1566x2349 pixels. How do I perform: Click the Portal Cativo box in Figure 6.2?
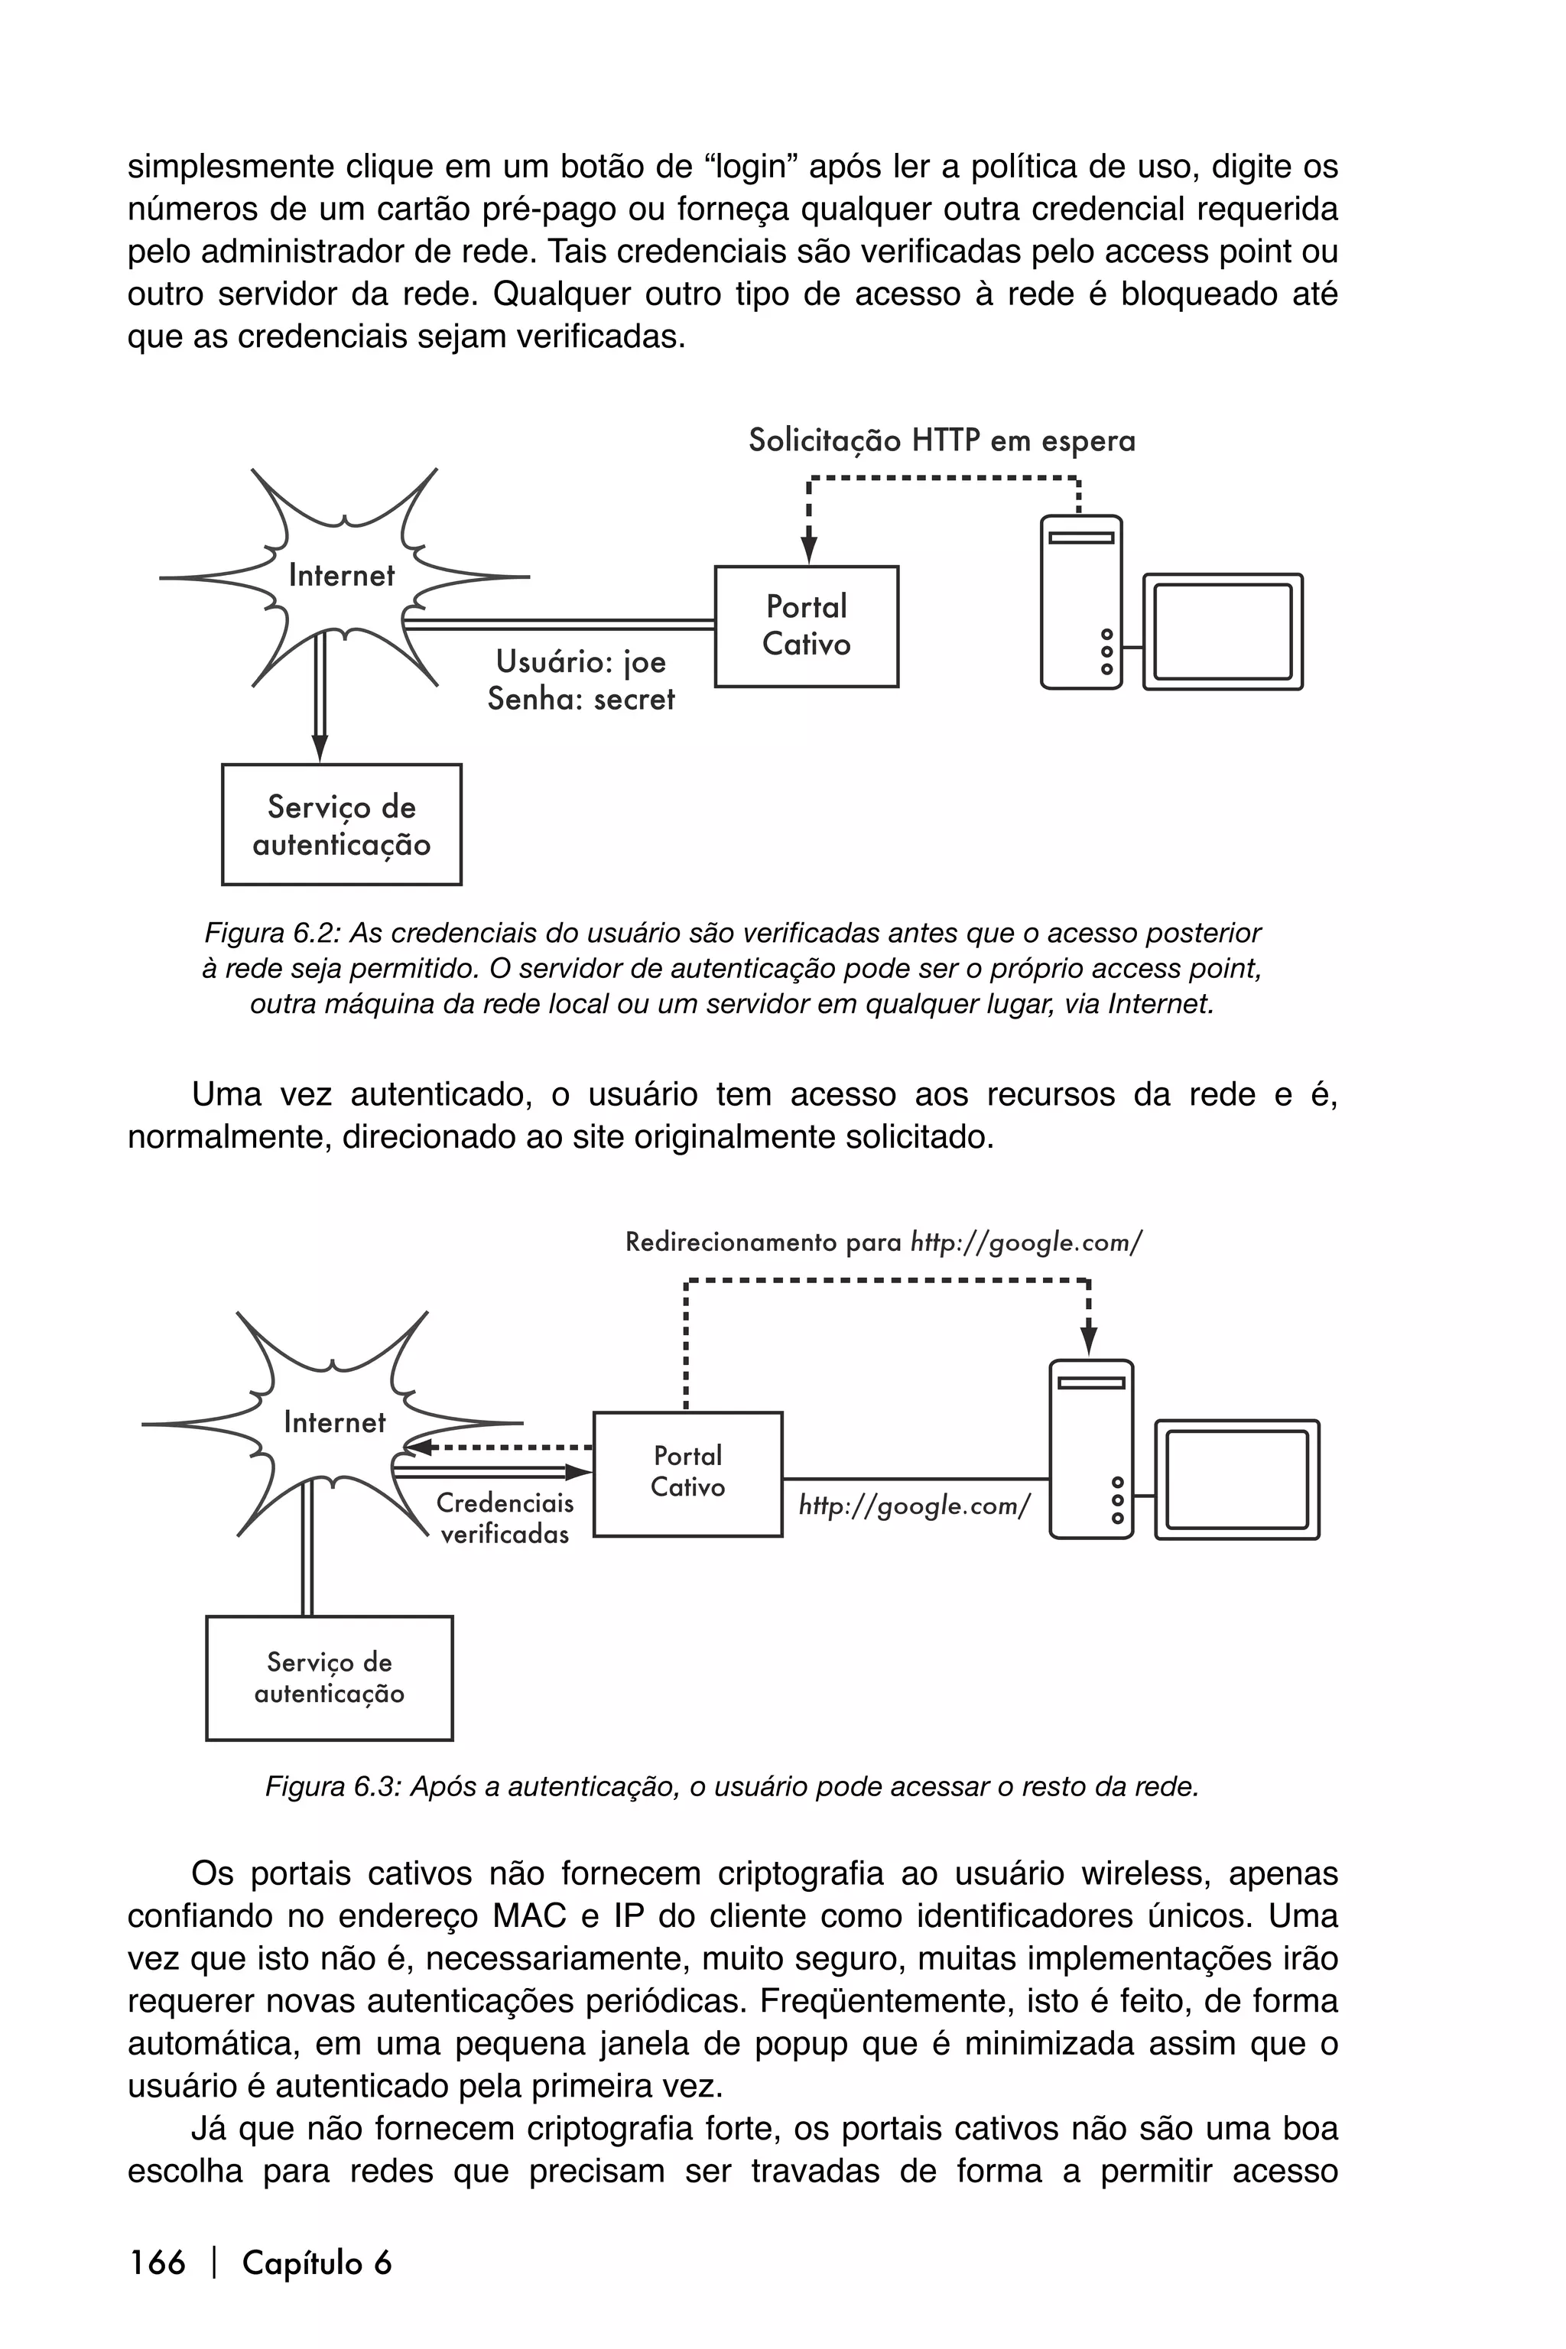click(x=806, y=626)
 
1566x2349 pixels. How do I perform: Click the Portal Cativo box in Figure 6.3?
click(x=687, y=1473)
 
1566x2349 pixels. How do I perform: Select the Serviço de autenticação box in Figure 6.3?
click(x=329, y=1678)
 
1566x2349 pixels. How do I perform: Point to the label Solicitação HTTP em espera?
click(x=942, y=440)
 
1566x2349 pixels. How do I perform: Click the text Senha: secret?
click(x=580, y=699)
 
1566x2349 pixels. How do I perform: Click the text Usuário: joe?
click(x=580, y=662)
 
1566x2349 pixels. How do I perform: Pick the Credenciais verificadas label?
click(x=505, y=1518)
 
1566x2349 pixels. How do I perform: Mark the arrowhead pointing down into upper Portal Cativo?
click(x=809, y=551)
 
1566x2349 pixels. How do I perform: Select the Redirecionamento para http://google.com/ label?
click(x=883, y=1243)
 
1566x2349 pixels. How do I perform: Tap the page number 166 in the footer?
click(x=157, y=2263)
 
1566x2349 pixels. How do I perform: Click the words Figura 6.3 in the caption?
click(x=333, y=1787)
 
